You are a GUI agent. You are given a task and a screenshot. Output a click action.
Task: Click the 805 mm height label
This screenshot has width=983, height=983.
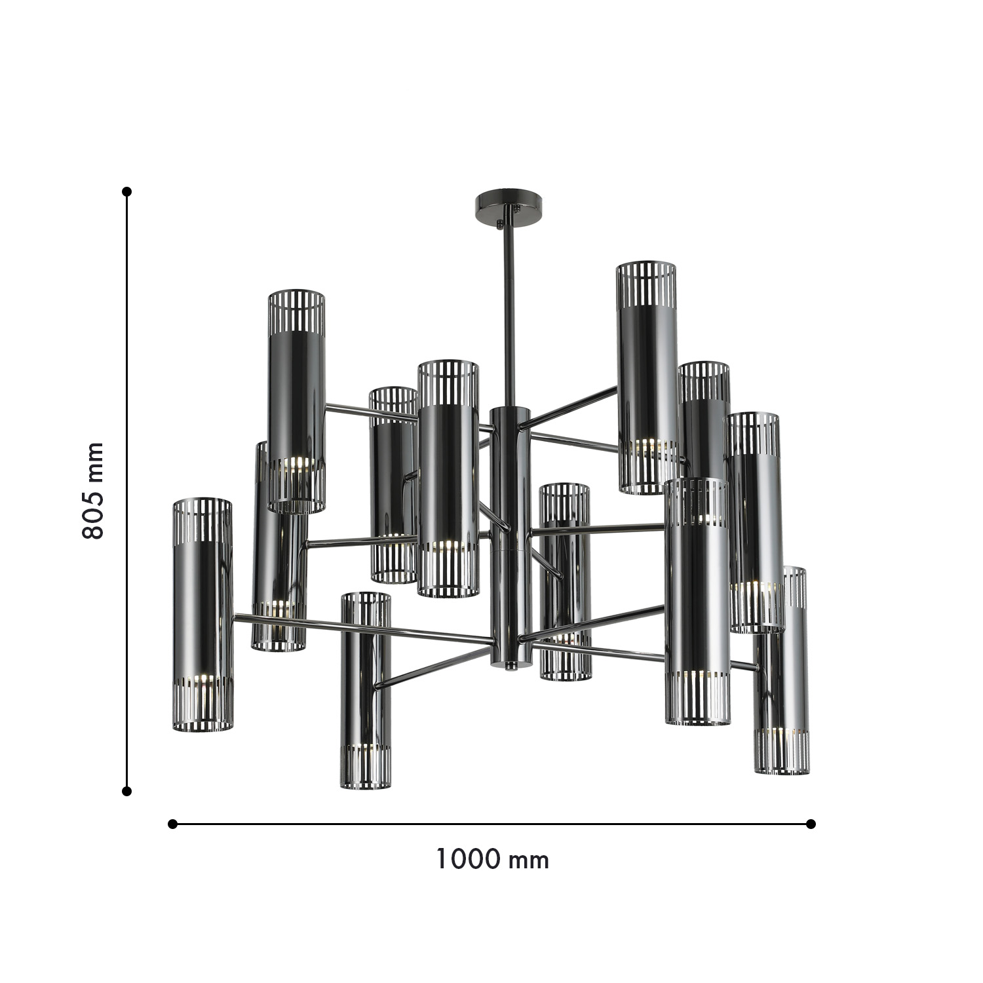[93, 491]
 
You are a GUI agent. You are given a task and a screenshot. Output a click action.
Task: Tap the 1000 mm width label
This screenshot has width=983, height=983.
[492, 859]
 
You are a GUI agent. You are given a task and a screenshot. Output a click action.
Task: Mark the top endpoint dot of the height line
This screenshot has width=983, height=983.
[127, 191]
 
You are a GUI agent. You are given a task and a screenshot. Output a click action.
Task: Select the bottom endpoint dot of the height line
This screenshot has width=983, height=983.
[127, 792]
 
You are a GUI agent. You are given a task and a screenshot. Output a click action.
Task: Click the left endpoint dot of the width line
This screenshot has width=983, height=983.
[173, 824]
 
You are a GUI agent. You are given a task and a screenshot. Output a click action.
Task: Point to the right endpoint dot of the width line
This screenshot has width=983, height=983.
[811, 824]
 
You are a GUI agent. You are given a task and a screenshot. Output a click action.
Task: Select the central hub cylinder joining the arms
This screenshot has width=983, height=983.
[511, 531]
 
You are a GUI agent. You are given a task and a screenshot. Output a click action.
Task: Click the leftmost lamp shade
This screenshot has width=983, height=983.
[202, 615]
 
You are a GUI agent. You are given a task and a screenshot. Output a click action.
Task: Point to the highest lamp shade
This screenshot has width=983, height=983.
[647, 377]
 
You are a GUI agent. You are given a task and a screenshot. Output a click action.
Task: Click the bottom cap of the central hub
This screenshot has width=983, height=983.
[511, 663]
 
